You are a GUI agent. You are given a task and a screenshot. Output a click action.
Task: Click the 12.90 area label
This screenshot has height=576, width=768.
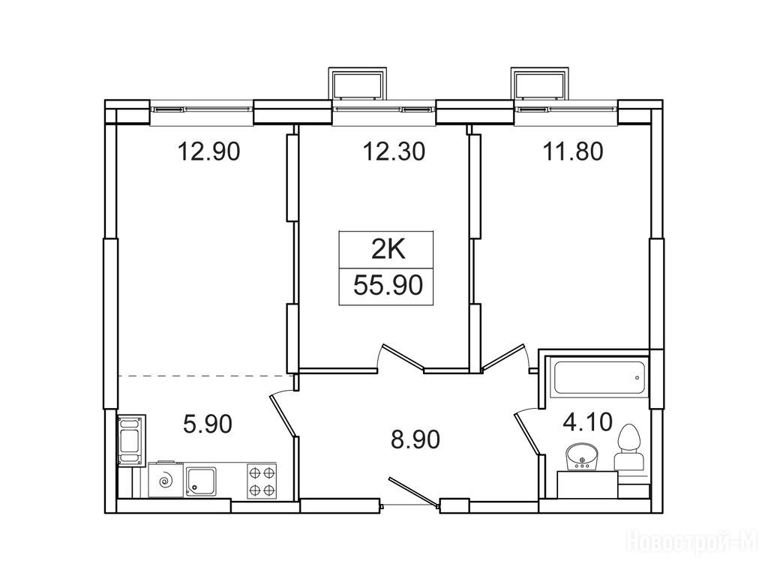pyautogui.click(x=208, y=151)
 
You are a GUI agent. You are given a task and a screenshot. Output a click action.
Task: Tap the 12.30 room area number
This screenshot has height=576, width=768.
pyautogui.click(x=394, y=151)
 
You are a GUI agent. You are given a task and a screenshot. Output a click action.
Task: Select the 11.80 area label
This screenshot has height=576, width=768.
pyautogui.click(x=572, y=151)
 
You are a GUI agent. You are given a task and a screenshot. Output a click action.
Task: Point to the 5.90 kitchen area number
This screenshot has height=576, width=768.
pyautogui.click(x=207, y=424)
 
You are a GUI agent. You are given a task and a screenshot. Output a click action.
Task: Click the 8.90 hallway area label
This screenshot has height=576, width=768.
pyautogui.click(x=415, y=439)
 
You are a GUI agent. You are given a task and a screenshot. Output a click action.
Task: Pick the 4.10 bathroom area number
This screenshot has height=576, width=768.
pyautogui.click(x=587, y=421)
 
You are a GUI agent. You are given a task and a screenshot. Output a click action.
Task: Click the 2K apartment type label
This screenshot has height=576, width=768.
pyautogui.click(x=388, y=250)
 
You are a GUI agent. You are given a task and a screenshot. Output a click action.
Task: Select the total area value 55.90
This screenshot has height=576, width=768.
pyautogui.click(x=388, y=285)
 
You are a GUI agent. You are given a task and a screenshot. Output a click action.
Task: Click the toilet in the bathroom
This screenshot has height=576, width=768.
pyautogui.click(x=629, y=449)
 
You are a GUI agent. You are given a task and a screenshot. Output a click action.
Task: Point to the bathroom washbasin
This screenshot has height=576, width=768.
pyautogui.click(x=581, y=457)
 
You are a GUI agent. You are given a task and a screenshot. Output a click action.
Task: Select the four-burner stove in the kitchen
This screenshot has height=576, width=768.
pyautogui.click(x=262, y=481)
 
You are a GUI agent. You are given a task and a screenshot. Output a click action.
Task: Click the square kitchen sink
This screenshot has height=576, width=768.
pyautogui.click(x=201, y=482)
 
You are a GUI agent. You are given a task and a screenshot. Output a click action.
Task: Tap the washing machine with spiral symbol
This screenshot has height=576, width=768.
pyautogui.click(x=166, y=481)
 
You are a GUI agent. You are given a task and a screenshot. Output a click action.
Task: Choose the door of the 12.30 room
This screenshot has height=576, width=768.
pyautogui.click(x=403, y=355)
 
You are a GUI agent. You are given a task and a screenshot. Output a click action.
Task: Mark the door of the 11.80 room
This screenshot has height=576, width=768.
pyautogui.click(x=505, y=356)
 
